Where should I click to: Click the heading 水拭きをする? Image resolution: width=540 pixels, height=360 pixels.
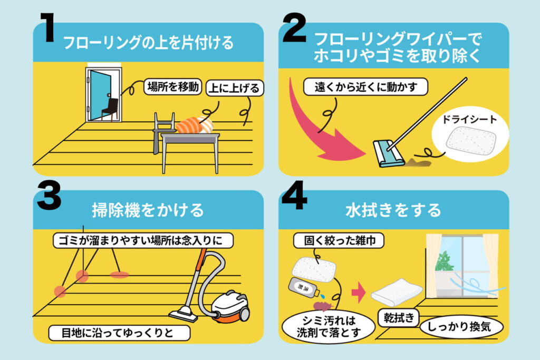click(x=393, y=210)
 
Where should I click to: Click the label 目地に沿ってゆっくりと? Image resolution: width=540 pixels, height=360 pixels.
click(x=119, y=333)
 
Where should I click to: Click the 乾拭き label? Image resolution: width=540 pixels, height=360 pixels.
click(x=398, y=318)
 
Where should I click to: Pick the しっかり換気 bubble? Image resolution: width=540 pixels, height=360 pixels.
click(x=461, y=326)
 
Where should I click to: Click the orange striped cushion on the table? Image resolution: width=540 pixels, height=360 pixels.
click(x=194, y=125)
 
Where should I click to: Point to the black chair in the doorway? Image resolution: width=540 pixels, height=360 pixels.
click(x=109, y=107)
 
